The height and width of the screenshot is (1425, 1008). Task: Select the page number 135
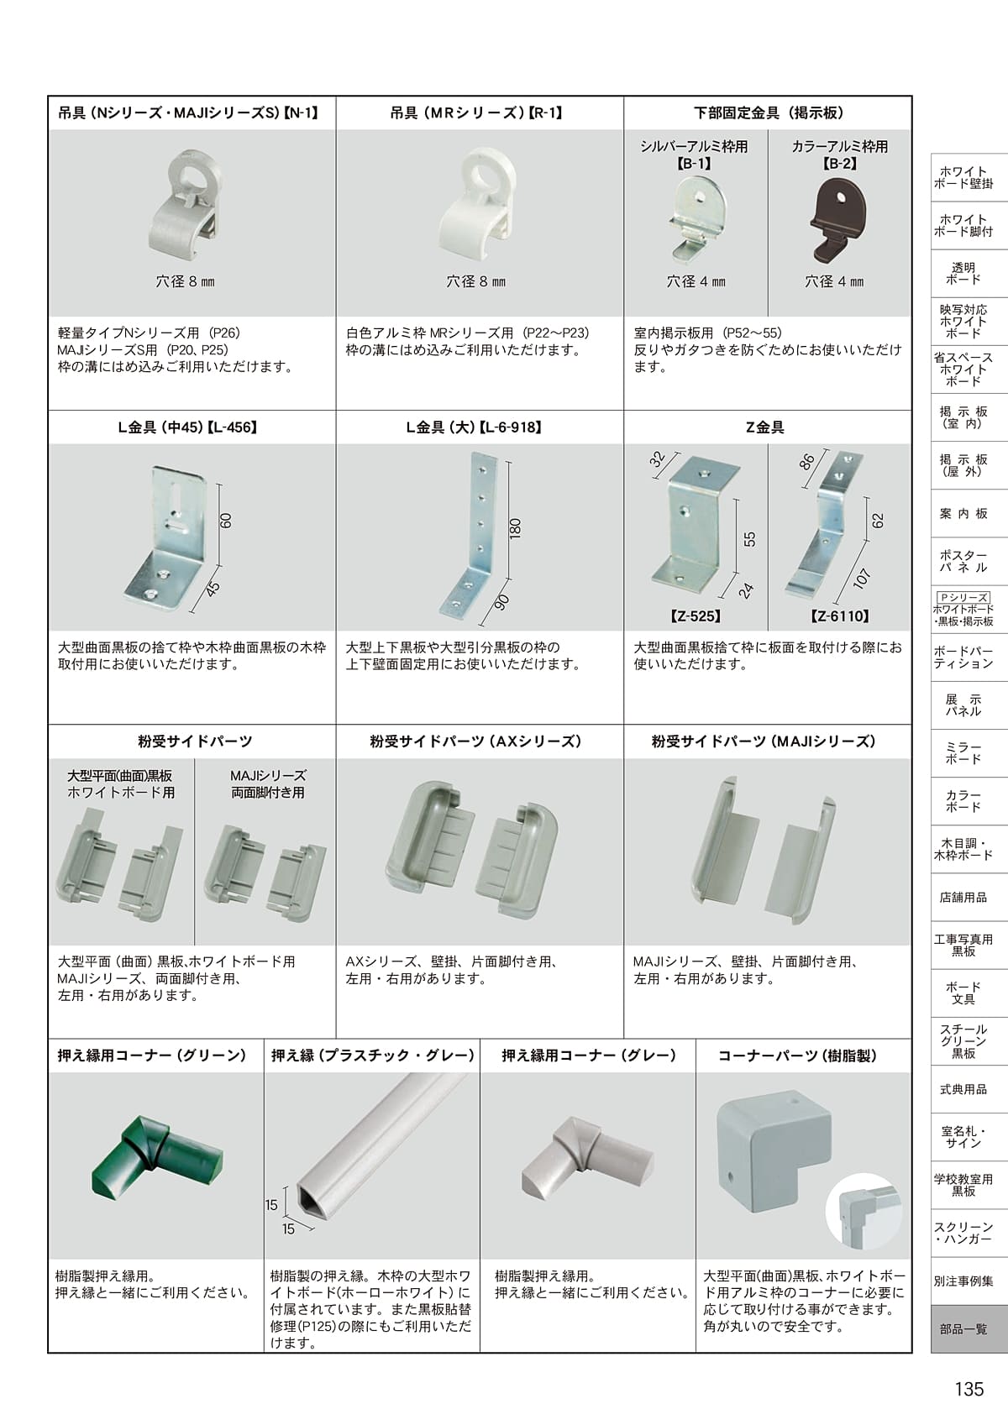pyautogui.click(x=969, y=1388)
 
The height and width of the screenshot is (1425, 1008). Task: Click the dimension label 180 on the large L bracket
pyautogui.click(x=515, y=527)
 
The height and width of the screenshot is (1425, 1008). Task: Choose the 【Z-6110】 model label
pyautogui.click(x=840, y=616)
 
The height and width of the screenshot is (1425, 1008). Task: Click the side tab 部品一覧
pyautogui.click(x=963, y=1329)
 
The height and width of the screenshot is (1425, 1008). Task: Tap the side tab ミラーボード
pyautogui.click(x=963, y=753)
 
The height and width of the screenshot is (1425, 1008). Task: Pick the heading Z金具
pyautogui.click(x=765, y=427)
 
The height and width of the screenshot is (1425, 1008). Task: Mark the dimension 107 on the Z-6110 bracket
pyautogui.click(x=862, y=579)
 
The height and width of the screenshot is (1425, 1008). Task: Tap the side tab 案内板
pyautogui.click(x=963, y=513)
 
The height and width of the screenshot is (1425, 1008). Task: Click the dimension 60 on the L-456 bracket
pyautogui.click(x=225, y=521)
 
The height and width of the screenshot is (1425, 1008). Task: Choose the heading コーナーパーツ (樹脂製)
pyautogui.click(x=797, y=1056)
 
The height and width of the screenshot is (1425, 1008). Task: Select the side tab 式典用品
pyautogui.click(x=963, y=1089)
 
